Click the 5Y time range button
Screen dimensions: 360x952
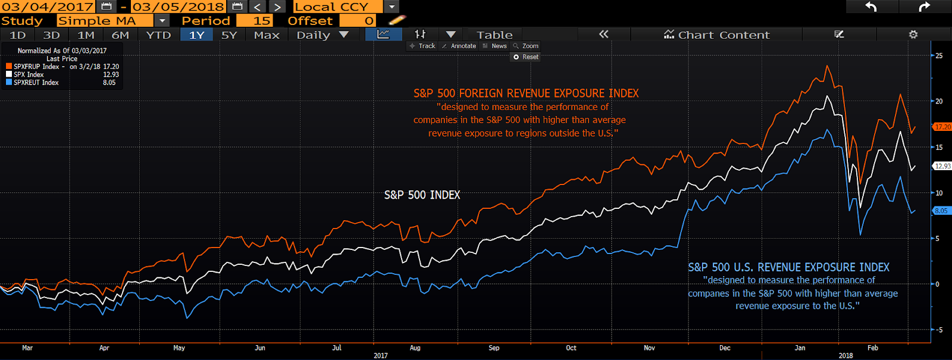[x=229, y=35]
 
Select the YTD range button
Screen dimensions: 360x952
[x=158, y=35]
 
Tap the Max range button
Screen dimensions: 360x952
[x=267, y=35]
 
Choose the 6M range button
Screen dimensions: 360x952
[x=120, y=35]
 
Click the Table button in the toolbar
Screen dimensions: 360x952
[x=494, y=35]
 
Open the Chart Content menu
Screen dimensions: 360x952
[x=717, y=35]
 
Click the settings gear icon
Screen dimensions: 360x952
[x=913, y=35]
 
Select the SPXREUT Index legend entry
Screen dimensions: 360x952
[x=36, y=83]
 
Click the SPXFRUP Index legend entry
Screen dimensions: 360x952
[x=36, y=67]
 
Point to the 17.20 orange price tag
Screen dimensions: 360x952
[x=942, y=127]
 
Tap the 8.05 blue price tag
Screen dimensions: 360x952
[x=941, y=211]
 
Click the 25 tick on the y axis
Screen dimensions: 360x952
[x=939, y=55]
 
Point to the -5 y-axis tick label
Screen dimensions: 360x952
[x=938, y=330]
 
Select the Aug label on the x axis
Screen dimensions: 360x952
[x=415, y=348]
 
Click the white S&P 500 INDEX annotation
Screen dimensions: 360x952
[x=422, y=195]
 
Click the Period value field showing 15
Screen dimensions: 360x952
[x=255, y=21]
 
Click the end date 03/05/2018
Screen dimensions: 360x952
[x=178, y=7]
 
